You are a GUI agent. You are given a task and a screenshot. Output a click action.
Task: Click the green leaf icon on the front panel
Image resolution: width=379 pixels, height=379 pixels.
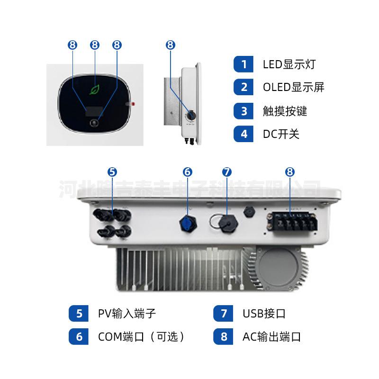(95, 90)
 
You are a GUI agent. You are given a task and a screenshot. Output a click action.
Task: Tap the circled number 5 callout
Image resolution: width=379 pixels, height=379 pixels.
(112, 172)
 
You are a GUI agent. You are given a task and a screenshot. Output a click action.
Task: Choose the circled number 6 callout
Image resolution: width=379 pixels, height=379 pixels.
(187, 172)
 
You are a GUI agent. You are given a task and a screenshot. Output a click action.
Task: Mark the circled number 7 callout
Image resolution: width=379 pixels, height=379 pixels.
(227, 172)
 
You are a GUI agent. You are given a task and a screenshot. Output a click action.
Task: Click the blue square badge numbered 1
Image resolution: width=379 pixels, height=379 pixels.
(244, 64)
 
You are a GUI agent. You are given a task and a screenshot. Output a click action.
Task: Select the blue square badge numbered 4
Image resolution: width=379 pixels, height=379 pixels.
(244, 134)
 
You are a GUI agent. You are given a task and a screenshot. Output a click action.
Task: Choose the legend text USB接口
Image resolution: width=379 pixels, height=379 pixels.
(264, 313)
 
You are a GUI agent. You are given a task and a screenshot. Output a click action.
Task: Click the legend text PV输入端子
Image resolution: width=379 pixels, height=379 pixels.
(127, 313)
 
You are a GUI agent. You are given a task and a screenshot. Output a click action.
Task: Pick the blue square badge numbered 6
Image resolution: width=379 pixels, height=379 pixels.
(79, 337)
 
